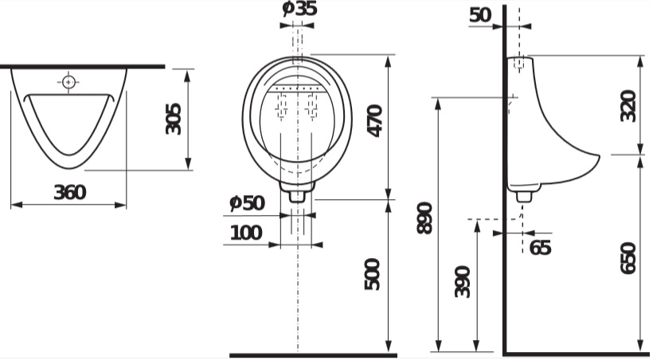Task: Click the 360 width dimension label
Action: pyautogui.click(x=69, y=192)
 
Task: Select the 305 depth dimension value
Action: pyautogui.click(x=174, y=119)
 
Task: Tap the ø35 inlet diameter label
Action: pyautogui.click(x=299, y=8)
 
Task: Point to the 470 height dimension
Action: pyautogui.click(x=374, y=121)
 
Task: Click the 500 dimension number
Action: pyautogui.click(x=373, y=274)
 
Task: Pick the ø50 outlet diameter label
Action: pyautogui.click(x=248, y=203)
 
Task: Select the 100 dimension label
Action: pyautogui.click(x=246, y=233)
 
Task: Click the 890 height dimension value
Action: pyautogui.click(x=425, y=218)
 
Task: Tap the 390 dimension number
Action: pyautogui.click(x=462, y=282)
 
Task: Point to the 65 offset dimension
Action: pyautogui.click(x=540, y=247)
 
